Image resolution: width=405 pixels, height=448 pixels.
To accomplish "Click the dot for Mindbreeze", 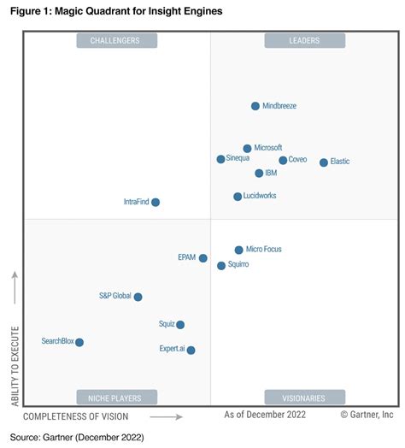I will coord(255,106).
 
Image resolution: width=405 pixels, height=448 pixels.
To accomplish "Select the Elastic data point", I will coord(324,162).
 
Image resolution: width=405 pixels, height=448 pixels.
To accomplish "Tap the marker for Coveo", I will coord(283,160).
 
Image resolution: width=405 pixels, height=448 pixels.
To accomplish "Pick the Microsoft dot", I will coord(248,149).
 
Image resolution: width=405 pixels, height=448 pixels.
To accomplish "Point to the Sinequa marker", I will coord(221,159).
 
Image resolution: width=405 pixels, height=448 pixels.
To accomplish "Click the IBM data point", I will coord(259,174).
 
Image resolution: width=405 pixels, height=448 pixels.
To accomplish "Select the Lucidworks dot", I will coord(238,197).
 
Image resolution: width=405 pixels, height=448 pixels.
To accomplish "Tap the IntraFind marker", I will coord(156,203).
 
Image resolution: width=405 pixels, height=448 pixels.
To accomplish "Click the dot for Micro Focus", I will coord(239,251).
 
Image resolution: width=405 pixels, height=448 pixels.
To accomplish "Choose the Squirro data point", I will coord(221,266).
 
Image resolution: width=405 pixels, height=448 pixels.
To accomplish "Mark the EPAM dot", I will coord(203,258).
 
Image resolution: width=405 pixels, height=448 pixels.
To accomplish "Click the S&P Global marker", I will coord(138,297).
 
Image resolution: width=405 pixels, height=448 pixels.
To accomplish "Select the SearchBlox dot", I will coord(79,342).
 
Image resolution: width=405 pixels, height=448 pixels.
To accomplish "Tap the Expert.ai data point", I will coord(191,350).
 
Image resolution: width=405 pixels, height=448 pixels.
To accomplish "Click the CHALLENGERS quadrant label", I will coord(116,40).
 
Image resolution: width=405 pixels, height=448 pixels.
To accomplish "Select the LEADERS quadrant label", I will coord(305,40).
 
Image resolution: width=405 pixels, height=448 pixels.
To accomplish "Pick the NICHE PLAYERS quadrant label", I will coord(116,398).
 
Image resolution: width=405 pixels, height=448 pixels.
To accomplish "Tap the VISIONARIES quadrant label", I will coord(305,398).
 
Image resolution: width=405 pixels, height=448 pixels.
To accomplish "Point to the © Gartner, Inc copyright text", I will coord(367,416).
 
